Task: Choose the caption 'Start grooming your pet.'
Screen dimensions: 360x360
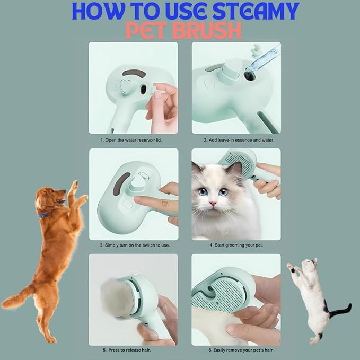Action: coord(236,246)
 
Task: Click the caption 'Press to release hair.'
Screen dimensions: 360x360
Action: coord(129,350)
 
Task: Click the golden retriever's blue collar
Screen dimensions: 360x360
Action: coord(45,215)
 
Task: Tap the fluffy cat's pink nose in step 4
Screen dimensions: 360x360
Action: coord(212,203)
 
